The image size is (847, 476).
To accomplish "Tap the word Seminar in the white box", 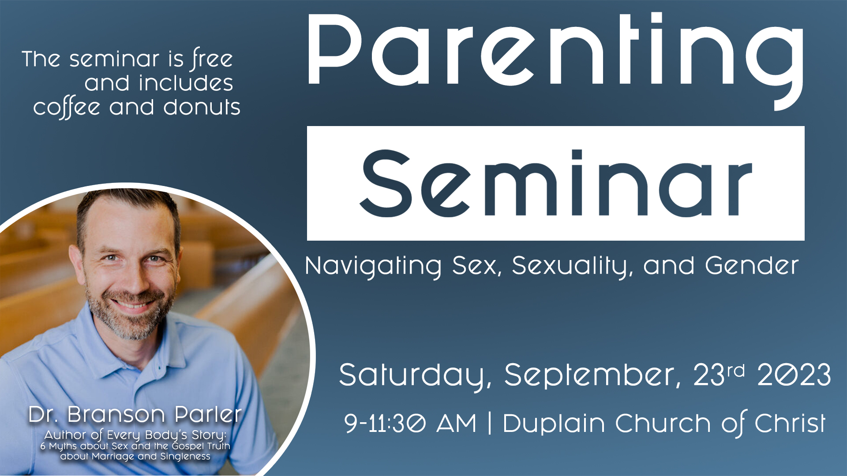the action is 556,183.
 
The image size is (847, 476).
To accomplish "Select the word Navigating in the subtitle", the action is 373,267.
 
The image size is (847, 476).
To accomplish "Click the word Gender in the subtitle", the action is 752,265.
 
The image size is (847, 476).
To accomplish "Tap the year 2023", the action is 794,375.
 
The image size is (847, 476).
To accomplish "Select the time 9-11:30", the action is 385,423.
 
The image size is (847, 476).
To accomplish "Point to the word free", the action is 212,59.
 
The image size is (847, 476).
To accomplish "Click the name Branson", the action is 116,415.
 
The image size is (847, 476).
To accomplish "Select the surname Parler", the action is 208,414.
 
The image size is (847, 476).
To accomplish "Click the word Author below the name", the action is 65,435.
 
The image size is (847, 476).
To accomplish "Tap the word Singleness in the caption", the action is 185,457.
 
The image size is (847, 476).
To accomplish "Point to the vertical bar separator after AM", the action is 490,424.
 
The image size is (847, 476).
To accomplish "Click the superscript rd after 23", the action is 736,371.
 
